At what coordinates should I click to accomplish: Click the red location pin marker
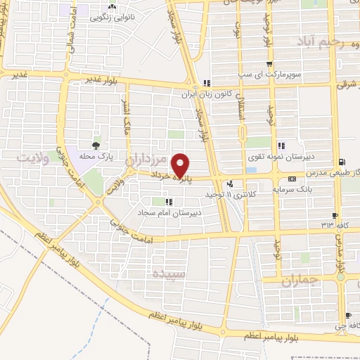click(x=181, y=166)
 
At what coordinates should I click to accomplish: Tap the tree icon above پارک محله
click(x=96, y=145)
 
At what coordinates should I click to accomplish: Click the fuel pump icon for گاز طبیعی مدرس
click(x=342, y=161)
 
